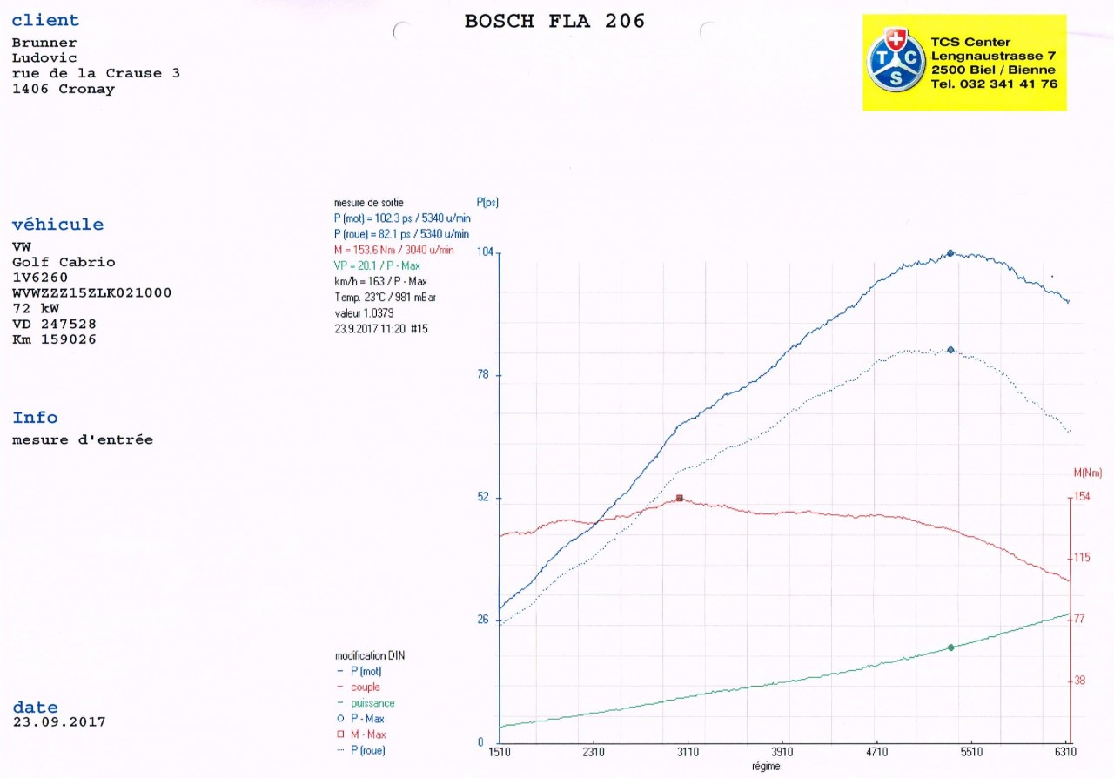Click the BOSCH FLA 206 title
click(x=554, y=22)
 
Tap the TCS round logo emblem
click(x=896, y=59)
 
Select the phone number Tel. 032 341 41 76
click(x=994, y=84)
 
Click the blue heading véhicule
click(x=57, y=225)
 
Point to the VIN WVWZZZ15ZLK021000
click(x=91, y=293)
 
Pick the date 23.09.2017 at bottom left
click(x=59, y=722)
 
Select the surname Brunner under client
click(x=44, y=43)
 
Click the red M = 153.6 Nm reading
click(x=393, y=250)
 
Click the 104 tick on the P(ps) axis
click(x=485, y=252)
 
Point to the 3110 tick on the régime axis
click(x=688, y=752)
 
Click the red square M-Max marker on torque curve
click(x=680, y=499)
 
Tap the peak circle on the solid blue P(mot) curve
click(x=950, y=253)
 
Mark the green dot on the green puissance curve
click(x=950, y=647)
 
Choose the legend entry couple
click(x=365, y=687)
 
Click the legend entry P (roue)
click(x=367, y=750)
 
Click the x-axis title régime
click(x=766, y=767)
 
